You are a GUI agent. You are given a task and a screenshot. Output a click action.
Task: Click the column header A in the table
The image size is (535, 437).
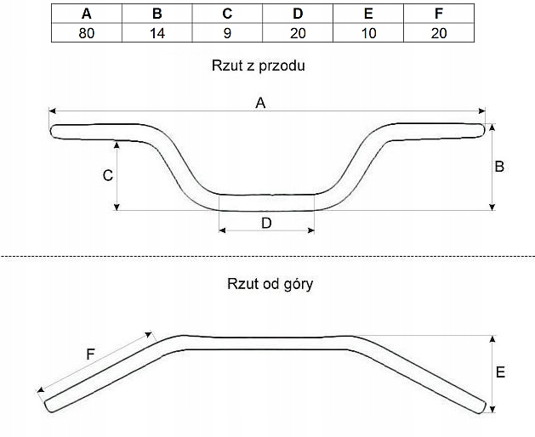coord(86,14)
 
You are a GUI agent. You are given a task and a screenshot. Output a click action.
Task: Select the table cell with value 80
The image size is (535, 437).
coord(86,32)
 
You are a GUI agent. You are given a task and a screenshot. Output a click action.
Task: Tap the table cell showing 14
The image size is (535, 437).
coord(157,32)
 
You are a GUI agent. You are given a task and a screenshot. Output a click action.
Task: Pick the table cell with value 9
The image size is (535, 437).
coord(227,32)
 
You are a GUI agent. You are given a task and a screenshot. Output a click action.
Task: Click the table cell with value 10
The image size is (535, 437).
coord(368,32)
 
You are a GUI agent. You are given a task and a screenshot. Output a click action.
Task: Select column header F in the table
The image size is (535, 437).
coord(439,14)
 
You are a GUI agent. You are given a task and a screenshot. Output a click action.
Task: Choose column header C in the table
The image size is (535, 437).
coord(227,14)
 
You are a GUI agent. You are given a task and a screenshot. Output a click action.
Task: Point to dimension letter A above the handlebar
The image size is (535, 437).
coord(261,103)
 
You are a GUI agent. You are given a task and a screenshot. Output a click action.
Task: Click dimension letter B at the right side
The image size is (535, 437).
coord(499,167)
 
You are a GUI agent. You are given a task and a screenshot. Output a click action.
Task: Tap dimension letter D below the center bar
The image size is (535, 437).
coord(266,223)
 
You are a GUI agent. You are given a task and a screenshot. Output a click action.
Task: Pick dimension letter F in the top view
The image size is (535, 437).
coord(90,354)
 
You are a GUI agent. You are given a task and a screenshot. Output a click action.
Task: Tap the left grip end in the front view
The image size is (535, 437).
coord(54,131)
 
